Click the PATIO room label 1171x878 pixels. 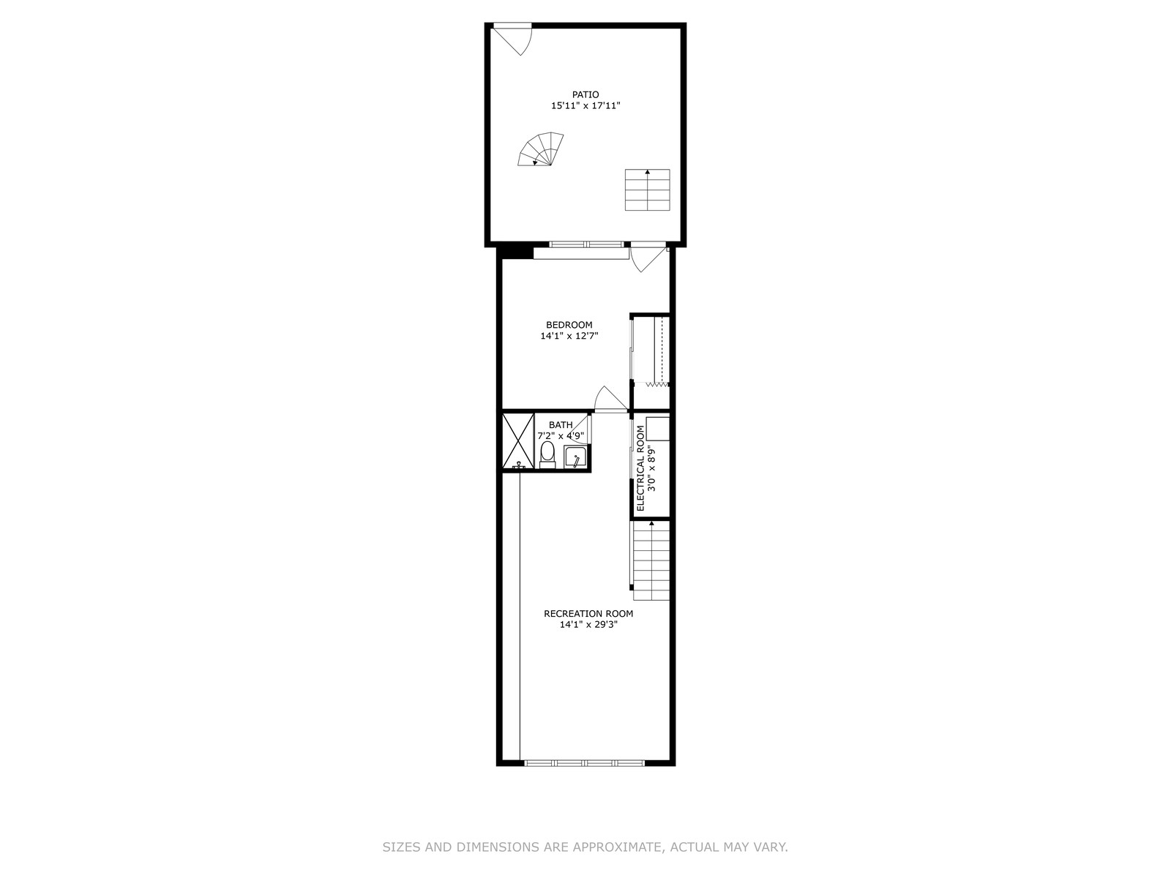[585, 95]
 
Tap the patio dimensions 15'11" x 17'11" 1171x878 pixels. [585, 105]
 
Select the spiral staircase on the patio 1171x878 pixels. [540, 149]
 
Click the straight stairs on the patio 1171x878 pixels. [647, 190]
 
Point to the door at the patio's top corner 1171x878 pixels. [512, 39]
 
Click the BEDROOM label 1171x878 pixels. [569, 325]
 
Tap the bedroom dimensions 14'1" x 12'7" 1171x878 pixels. [569, 336]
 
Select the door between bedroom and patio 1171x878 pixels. [648, 258]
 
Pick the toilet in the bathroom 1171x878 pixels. [547, 454]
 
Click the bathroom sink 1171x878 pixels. [576, 457]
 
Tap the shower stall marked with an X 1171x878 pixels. [518, 440]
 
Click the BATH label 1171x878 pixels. [561, 425]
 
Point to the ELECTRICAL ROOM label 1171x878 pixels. [640, 468]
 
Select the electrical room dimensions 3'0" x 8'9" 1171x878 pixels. [651, 468]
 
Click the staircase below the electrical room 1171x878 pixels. [651, 560]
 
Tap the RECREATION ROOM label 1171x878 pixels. [588, 614]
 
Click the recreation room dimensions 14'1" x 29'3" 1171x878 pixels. [588, 625]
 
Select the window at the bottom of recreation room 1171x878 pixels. [585, 763]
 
